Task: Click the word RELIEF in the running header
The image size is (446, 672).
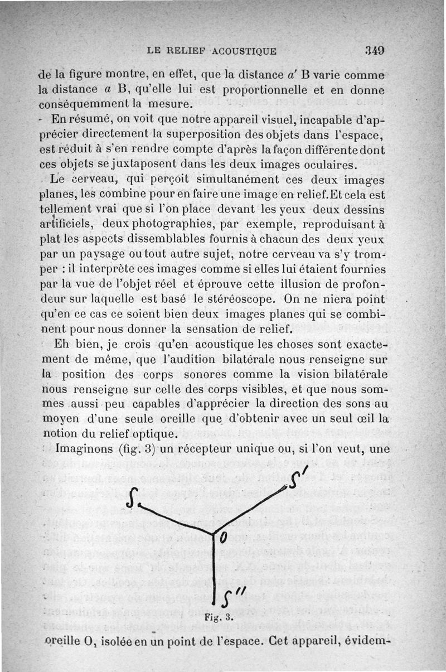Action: [x=191, y=51]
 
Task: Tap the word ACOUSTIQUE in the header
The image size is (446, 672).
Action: [x=245, y=51]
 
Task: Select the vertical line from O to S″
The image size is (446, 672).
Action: [x=215, y=569]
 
